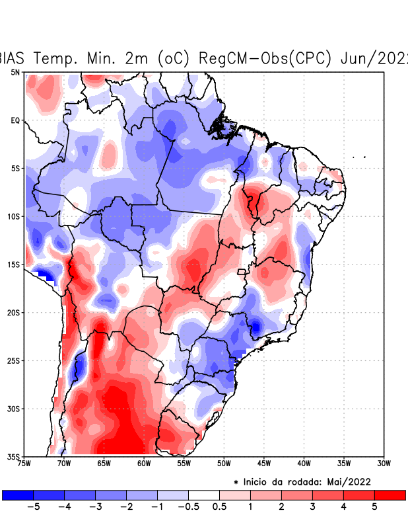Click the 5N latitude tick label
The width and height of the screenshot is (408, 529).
(x=15, y=72)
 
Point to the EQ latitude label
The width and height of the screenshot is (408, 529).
(x=15, y=120)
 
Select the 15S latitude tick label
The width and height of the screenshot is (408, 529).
(x=14, y=264)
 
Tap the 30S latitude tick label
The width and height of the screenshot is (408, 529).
(x=14, y=409)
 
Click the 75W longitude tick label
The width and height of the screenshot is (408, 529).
(x=24, y=463)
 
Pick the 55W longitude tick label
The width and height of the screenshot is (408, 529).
(x=184, y=463)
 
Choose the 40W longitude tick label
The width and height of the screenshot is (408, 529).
(x=304, y=463)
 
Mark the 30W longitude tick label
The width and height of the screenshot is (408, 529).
(x=384, y=463)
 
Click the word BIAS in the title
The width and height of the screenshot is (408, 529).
(x=13, y=58)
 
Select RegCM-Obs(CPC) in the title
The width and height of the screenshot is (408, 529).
(x=265, y=58)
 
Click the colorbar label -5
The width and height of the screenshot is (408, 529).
(x=31, y=507)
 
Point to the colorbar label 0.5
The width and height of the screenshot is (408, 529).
(x=219, y=507)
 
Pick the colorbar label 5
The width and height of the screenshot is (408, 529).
(x=374, y=507)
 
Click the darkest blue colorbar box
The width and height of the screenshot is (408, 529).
(x=18, y=495)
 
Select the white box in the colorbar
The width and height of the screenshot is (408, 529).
(x=204, y=495)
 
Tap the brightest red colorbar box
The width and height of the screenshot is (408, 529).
(x=390, y=495)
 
